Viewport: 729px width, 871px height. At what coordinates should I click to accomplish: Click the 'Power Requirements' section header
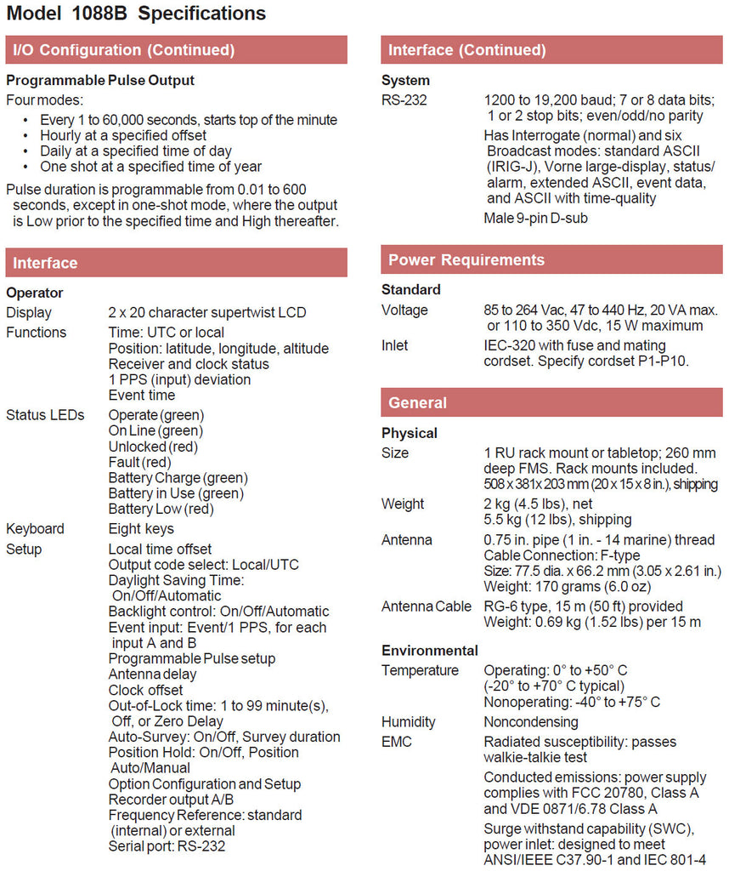pyautogui.click(x=466, y=260)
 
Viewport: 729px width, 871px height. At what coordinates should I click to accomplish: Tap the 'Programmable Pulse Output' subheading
pyautogui.click(x=100, y=81)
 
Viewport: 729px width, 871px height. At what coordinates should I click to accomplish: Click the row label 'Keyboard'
pyautogui.click(x=35, y=529)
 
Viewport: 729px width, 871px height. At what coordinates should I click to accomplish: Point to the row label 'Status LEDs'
pyautogui.click(x=45, y=416)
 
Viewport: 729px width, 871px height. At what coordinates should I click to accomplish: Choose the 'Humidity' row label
pyautogui.click(x=408, y=722)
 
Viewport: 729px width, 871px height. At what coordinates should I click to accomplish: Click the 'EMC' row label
pyautogui.click(x=396, y=742)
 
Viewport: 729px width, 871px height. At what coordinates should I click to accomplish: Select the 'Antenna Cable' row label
pyautogui.click(x=426, y=606)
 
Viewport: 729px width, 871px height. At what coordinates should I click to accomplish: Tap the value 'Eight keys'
pyautogui.click(x=140, y=529)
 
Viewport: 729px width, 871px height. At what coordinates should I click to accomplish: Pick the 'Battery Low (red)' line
pyautogui.click(x=161, y=510)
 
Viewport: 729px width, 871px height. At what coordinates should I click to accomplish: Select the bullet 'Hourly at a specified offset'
pyautogui.click(x=123, y=135)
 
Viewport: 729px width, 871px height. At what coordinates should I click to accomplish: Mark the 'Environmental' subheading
pyautogui.click(x=429, y=651)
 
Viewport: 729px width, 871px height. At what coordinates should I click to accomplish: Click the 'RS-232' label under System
pyautogui.click(x=404, y=100)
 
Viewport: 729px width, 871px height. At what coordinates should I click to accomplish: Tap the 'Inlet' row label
pyautogui.click(x=394, y=345)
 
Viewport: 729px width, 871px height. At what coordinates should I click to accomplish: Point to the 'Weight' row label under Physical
pyautogui.click(x=403, y=504)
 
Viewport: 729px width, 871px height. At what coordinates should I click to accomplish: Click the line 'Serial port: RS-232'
pyautogui.click(x=167, y=846)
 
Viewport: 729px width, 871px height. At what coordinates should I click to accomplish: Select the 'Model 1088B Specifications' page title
pyautogui.click(x=136, y=14)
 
